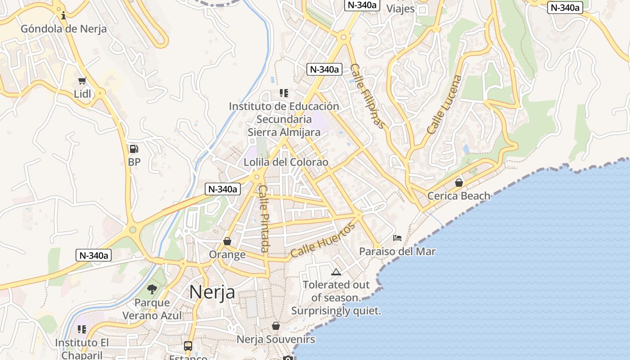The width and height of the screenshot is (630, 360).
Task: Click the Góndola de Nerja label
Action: pyautogui.click(x=64, y=29)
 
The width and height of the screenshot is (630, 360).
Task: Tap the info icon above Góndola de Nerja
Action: pyautogui.click(x=63, y=16)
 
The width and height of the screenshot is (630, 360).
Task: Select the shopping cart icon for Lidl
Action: pyautogui.click(x=82, y=81)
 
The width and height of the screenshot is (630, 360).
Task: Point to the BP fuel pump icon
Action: pyautogui.click(x=134, y=149)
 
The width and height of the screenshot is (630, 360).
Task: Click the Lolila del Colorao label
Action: pyautogui.click(x=286, y=162)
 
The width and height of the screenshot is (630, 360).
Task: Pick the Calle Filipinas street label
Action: pyautogui.click(x=368, y=96)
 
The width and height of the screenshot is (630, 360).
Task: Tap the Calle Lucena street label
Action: pyautogui.click(x=445, y=104)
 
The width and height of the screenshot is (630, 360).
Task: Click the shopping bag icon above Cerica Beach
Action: pyautogui.click(x=459, y=183)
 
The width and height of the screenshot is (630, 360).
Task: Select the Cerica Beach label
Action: pyautogui.click(x=459, y=196)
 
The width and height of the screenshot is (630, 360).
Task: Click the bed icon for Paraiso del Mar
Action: pyautogui.click(x=397, y=238)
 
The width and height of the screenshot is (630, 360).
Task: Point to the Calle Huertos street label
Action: pyautogui.click(x=323, y=240)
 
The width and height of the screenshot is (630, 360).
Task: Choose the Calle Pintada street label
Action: pyautogui.click(x=264, y=218)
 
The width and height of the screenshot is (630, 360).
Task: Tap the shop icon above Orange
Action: pyautogui.click(x=227, y=242)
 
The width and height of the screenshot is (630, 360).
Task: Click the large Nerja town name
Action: pyautogui.click(x=212, y=292)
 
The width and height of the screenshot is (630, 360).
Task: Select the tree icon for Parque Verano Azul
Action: pyautogui.click(x=152, y=289)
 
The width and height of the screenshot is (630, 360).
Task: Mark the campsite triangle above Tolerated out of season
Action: pyautogui.click(x=336, y=272)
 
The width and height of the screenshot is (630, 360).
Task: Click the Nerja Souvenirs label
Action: pyautogui.click(x=276, y=339)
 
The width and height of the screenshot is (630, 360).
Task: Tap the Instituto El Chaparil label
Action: pyautogui.click(x=82, y=349)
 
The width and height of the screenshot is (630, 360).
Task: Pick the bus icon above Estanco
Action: pyautogui.click(x=188, y=346)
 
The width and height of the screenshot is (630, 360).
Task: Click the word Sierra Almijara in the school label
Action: pyautogui.click(x=284, y=132)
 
